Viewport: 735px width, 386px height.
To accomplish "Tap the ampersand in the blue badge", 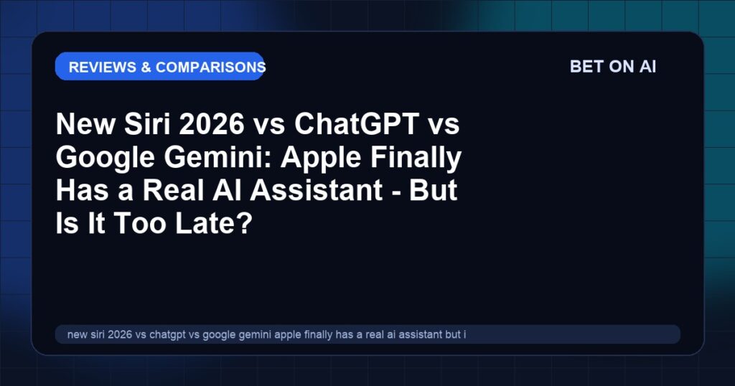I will click(x=146, y=67).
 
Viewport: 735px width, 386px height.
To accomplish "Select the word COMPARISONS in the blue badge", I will click(x=210, y=67).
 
